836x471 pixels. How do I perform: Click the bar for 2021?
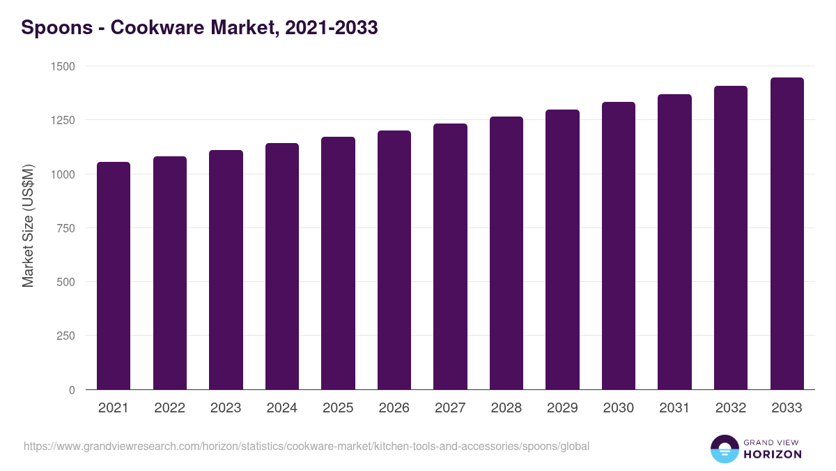(x=114, y=276)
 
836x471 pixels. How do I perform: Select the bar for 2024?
(x=282, y=266)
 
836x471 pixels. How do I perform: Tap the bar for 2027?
(x=450, y=256)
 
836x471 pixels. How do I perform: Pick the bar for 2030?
(x=619, y=246)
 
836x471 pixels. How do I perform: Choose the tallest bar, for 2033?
(x=787, y=233)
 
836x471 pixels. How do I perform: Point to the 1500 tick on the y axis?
(x=62, y=66)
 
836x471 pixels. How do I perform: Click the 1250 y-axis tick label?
(x=62, y=120)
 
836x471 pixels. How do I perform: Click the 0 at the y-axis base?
(x=72, y=390)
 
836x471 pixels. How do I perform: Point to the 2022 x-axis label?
(x=169, y=408)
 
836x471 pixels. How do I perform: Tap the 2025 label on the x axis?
(x=338, y=408)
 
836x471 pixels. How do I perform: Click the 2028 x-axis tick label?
(x=506, y=408)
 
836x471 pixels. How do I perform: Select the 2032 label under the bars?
(x=730, y=408)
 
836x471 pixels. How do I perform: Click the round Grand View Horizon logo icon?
(x=725, y=449)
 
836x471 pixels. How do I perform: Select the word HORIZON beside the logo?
(x=772, y=454)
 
